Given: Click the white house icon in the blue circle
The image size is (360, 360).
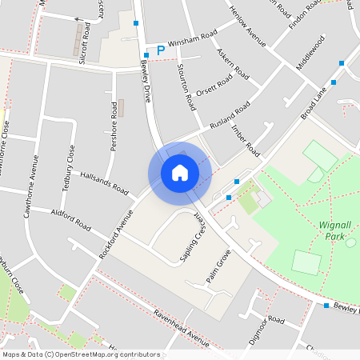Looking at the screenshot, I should pyautogui.click(x=180, y=173).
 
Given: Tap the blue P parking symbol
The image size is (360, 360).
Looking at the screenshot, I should pyautogui.click(x=160, y=50).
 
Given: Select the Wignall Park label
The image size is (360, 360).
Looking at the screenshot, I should pyautogui.click(x=342, y=230).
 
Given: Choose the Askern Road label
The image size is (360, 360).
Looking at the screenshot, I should pyautogui.click(x=228, y=63).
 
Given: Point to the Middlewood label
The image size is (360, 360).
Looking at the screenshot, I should pyautogui.click(x=311, y=52).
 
